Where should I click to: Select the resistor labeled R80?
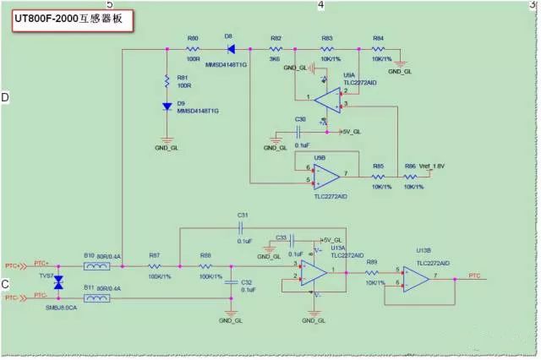tap(193, 50)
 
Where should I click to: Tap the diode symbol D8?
tap(230, 50)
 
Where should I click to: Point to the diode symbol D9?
tap(167, 106)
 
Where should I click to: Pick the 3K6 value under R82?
tap(276, 60)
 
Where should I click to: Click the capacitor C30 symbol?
tap(300, 132)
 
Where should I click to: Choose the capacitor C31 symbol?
tap(241, 228)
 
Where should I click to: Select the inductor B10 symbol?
tap(97, 265)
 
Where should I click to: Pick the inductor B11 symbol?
tap(97, 297)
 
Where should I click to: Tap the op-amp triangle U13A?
tap(314, 271)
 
